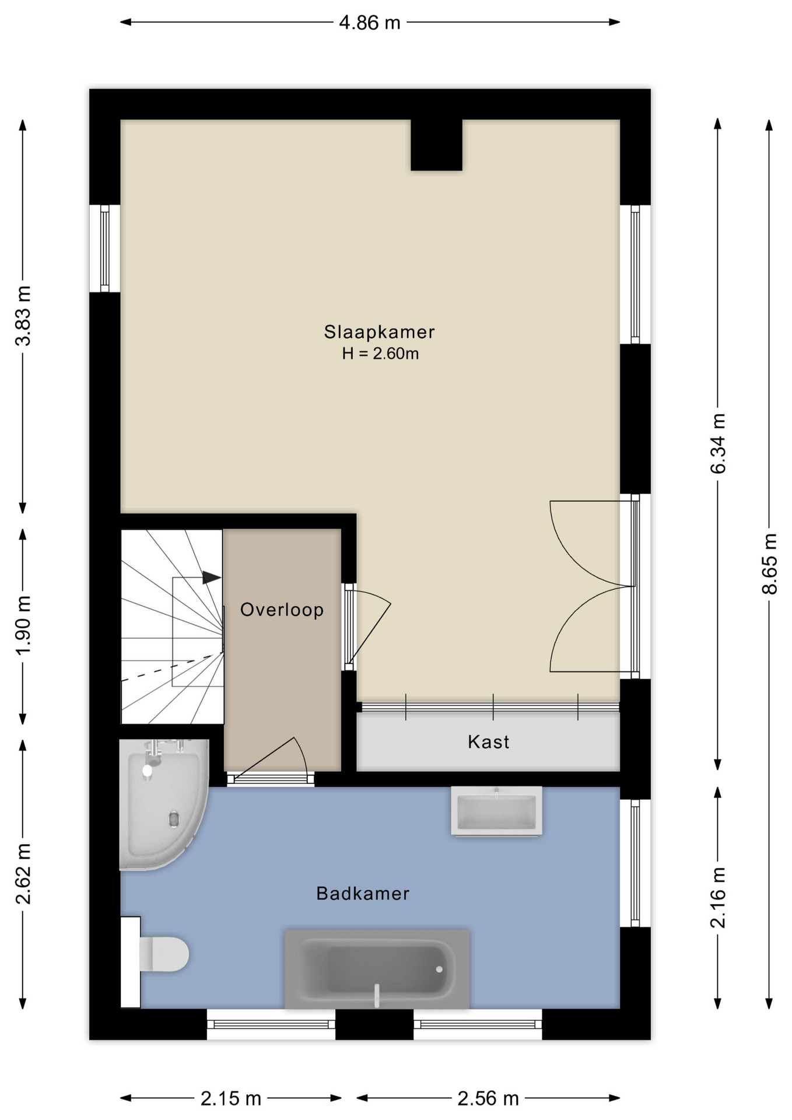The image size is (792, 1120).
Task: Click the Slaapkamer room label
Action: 379,332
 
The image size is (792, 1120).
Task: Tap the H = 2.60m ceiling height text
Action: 380,353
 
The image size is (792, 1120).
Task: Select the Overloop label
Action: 282,610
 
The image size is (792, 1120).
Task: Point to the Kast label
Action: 488,742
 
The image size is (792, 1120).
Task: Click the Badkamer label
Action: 363,894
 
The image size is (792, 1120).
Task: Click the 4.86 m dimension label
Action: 370,23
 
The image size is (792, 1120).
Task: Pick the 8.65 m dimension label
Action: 770,564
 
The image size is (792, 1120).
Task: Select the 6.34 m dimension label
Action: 718,443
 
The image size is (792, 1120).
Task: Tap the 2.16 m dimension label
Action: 718,897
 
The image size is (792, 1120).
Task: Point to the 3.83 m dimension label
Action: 23,316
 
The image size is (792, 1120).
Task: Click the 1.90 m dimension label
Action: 23,626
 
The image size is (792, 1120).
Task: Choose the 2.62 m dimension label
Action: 23,874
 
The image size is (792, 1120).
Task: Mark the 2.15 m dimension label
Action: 231,1099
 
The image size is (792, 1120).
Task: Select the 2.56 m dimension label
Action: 488,1099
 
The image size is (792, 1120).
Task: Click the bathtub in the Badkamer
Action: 377,969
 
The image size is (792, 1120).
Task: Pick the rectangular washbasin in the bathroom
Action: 496,811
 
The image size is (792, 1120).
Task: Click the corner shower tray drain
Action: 174,819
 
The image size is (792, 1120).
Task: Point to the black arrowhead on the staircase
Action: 212,577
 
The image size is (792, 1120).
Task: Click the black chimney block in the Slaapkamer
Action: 436,145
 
